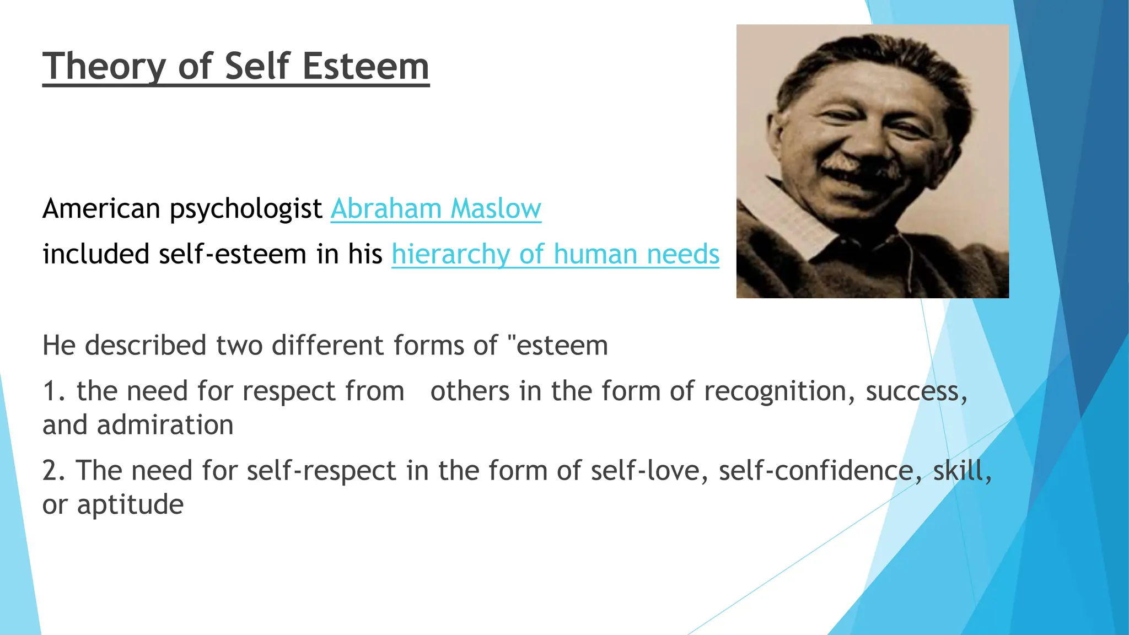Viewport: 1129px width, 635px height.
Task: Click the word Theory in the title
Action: (x=104, y=67)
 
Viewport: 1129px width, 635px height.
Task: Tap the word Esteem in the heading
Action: (x=365, y=67)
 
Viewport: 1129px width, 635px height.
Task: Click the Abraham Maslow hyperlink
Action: (x=436, y=209)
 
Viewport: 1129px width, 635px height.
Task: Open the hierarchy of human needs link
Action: (x=555, y=254)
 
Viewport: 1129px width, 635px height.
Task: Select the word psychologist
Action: (x=245, y=209)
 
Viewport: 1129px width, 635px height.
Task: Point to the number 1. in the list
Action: (x=53, y=391)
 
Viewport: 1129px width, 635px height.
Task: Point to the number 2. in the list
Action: (x=53, y=471)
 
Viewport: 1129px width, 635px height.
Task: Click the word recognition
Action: (x=779, y=391)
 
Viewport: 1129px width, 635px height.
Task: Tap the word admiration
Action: (x=165, y=426)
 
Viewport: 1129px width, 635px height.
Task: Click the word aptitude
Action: (x=130, y=505)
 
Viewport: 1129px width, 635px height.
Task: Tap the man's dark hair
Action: (x=871, y=61)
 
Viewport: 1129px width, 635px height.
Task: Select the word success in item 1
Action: (x=915, y=391)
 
